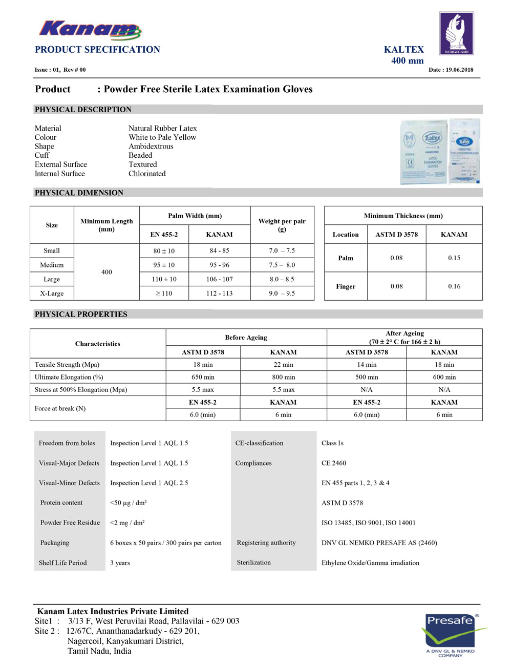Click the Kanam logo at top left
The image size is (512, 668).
pyautogui.click(x=90, y=30)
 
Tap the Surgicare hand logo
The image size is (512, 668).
pyautogui.click(x=456, y=33)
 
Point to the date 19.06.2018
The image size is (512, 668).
pyautogui.click(x=451, y=70)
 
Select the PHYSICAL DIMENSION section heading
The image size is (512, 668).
pyautogui.click(x=79, y=193)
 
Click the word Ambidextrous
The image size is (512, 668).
pyautogui.click(x=151, y=147)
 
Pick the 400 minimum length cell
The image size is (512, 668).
pyautogui.click(x=106, y=272)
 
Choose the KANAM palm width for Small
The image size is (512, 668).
pyautogui.click(x=219, y=251)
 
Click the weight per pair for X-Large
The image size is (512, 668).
pyautogui.click(x=282, y=294)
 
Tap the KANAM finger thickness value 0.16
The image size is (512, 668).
pyautogui.click(x=454, y=286)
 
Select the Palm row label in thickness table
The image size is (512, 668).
pyautogui.click(x=346, y=258)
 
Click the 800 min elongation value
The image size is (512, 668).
pyautogui.click(x=283, y=377)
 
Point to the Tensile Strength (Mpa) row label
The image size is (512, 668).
pyautogui.click(x=67, y=365)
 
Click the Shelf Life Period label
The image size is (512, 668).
pyautogui.click(x=63, y=562)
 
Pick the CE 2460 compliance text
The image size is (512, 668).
pyautogui.click(x=334, y=463)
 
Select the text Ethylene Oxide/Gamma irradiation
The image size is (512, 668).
pyautogui.click(x=370, y=562)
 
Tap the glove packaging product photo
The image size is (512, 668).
pyautogui.click(x=440, y=152)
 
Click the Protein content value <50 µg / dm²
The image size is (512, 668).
pyautogui.click(x=129, y=503)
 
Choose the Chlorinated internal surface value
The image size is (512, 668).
pyautogui.click(x=147, y=174)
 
